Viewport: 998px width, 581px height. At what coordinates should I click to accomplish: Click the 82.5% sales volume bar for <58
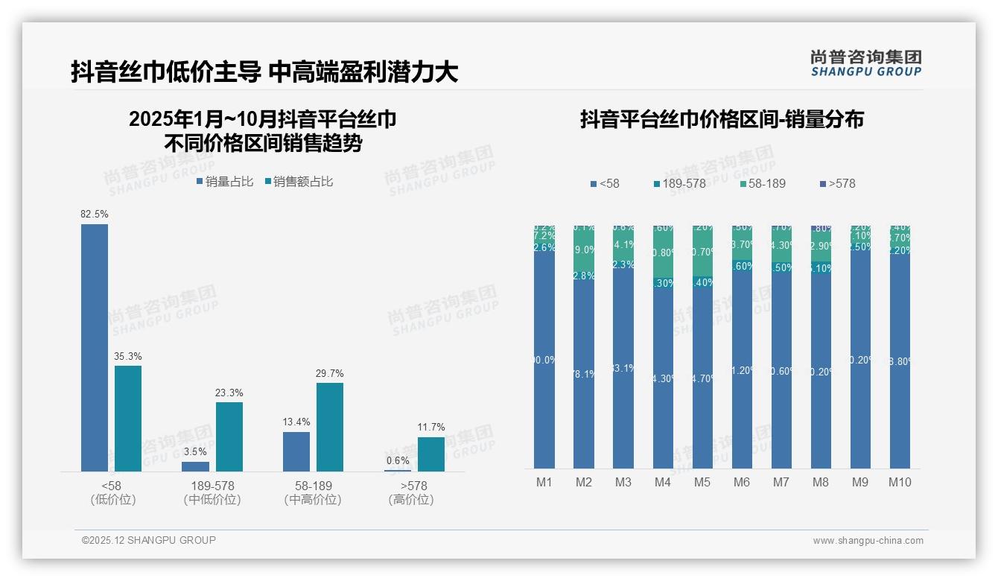pyautogui.click(x=95, y=347)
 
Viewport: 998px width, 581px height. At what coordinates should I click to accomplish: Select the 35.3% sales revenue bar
pyautogui.click(x=128, y=418)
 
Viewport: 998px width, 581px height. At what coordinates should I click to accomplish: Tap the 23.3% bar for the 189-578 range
pyautogui.click(x=229, y=436)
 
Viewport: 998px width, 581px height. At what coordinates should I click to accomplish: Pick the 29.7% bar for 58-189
pyautogui.click(x=330, y=427)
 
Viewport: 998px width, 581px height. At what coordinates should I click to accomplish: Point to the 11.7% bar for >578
pyautogui.click(x=431, y=454)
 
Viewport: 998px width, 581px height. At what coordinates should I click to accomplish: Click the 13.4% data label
pyautogui.click(x=296, y=422)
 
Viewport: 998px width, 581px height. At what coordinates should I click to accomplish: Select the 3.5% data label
pyautogui.click(x=195, y=451)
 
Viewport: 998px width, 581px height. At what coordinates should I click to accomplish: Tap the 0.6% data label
pyautogui.click(x=398, y=460)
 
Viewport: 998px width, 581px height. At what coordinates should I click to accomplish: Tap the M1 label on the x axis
pyautogui.click(x=544, y=482)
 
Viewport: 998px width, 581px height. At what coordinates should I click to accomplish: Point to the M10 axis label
pyautogui.click(x=900, y=482)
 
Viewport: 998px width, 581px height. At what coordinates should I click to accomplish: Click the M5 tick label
pyautogui.click(x=702, y=482)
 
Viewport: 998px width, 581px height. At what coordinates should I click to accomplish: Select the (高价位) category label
pyautogui.click(x=411, y=500)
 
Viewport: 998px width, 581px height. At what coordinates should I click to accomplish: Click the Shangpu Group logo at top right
pyautogui.click(x=865, y=63)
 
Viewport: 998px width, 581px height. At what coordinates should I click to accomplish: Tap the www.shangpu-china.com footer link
pyautogui.click(x=868, y=541)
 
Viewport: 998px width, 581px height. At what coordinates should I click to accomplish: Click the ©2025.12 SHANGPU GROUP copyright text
pyautogui.click(x=149, y=540)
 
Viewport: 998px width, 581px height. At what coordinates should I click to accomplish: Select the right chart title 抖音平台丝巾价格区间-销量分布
pyautogui.click(x=722, y=119)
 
